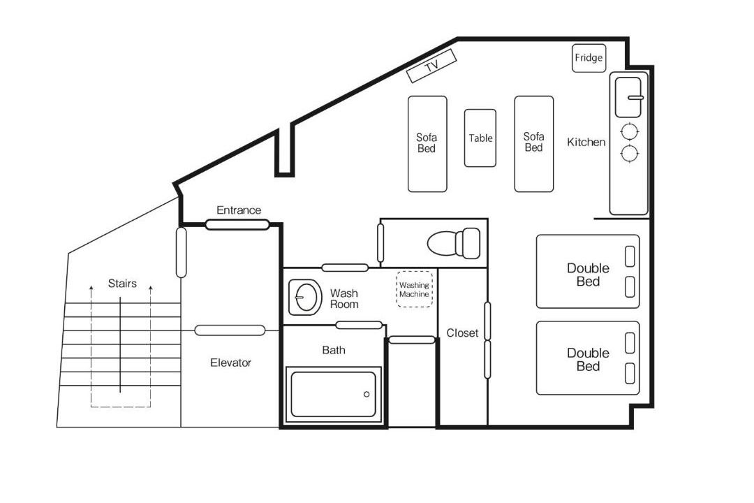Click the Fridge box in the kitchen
(x=589, y=58)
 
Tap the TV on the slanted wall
(x=431, y=66)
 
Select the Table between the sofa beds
(x=480, y=138)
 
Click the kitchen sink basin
(x=628, y=97)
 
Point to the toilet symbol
(x=454, y=243)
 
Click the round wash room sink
(x=306, y=297)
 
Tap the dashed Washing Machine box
(x=415, y=289)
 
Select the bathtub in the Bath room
(x=333, y=394)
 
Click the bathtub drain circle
(x=367, y=394)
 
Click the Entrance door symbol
(x=237, y=225)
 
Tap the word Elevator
(x=231, y=363)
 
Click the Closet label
(x=462, y=333)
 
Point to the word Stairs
(x=122, y=283)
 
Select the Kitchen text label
(x=586, y=142)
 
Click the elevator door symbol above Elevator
(x=230, y=330)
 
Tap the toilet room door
(x=380, y=243)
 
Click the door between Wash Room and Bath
(x=359, y=325)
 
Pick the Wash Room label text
(x=343, y=298)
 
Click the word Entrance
(x=239, y=210)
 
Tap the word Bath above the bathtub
(x=334, y=350)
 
